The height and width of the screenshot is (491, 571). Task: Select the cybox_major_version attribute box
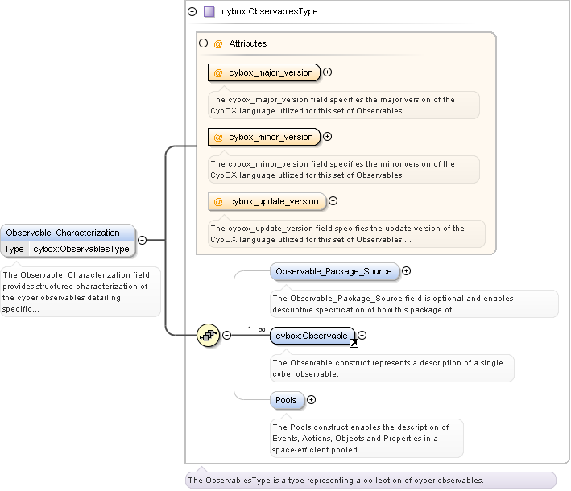[263, 72]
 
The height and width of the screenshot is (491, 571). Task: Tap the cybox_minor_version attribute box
[263, 137]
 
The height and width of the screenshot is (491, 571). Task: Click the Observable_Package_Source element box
[333, 271]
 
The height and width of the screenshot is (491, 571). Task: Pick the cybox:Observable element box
[312, 336]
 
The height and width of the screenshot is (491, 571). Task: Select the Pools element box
[286, 400]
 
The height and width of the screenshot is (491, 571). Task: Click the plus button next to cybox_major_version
[328, 72]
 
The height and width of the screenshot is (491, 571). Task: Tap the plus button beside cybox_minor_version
[328, 137]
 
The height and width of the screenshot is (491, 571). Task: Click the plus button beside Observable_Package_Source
[407, 271]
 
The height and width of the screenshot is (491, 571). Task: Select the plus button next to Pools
[312, 400]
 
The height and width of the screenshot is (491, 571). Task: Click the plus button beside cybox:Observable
[362, 336]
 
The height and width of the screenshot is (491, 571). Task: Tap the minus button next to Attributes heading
[204, 43]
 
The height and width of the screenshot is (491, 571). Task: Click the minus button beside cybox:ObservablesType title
[192, 12]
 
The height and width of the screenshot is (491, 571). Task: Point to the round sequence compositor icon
[209, 336]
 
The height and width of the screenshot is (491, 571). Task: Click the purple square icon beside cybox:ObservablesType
[209, 12]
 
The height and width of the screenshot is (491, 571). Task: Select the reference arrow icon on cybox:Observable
[354, 343]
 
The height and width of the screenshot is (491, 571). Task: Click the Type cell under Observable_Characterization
[15, 249]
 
